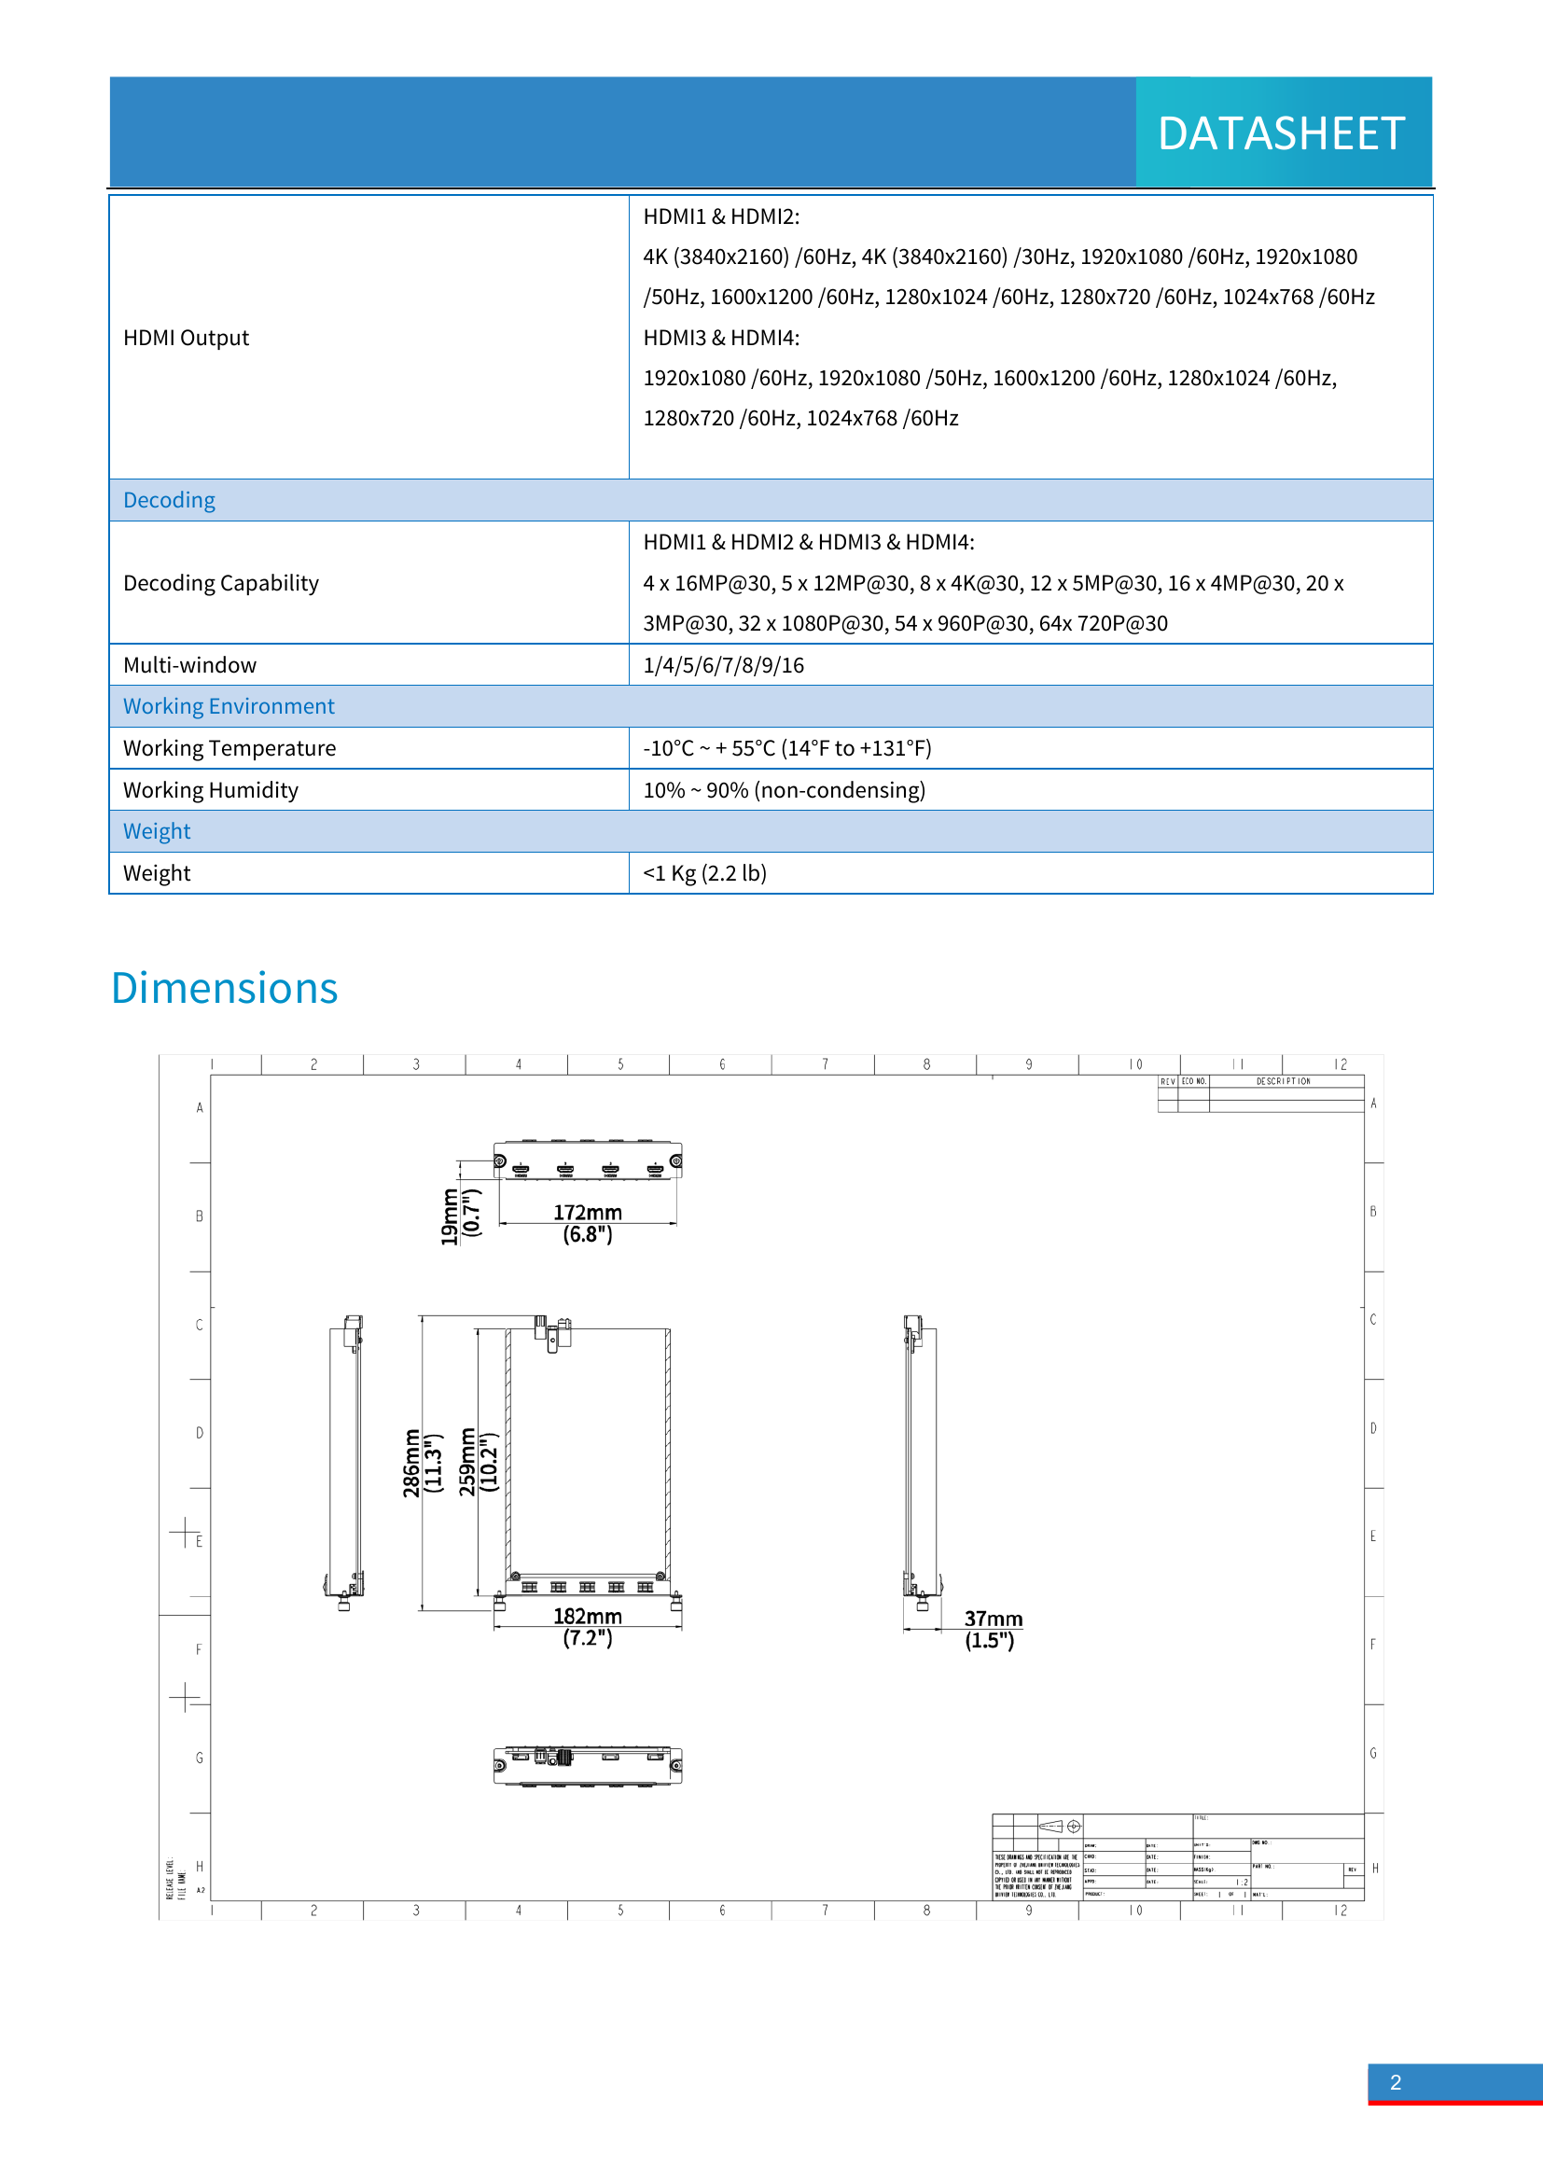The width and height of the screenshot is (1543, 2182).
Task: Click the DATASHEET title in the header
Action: (1281, 133)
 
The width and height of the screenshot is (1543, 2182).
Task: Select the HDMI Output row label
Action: (187, 339)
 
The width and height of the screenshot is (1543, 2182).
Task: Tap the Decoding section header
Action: (169, 500)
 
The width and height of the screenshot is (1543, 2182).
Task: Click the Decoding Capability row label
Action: (221, 582)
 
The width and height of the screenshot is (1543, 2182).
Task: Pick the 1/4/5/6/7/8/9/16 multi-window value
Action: (723, 665)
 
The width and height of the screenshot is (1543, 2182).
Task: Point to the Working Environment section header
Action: (229, 706)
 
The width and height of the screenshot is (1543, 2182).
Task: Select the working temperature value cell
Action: (786, 748)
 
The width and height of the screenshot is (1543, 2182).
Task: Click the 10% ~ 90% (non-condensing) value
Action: (784, 790)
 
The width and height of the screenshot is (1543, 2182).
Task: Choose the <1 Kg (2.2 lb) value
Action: (704, 873)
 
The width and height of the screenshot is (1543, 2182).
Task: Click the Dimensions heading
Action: (224, 988)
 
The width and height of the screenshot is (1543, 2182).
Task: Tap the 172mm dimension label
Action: (587, 1213)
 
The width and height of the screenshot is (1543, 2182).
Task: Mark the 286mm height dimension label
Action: (411, 1464)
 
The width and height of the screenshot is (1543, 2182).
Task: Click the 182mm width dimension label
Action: (587, 1617)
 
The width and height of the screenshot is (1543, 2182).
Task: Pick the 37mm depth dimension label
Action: (993, 1619)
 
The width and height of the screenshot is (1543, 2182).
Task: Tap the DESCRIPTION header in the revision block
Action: (1283, 1081)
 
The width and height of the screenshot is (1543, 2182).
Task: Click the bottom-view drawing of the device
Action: (587, 1765)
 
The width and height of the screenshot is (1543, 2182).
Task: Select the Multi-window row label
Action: (190, 665)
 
